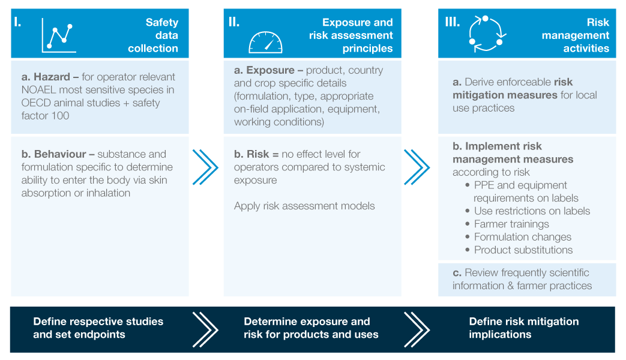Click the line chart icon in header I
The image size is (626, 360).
tap(58, 35)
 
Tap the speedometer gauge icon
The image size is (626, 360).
tap(265, 43)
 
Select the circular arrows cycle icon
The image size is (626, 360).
tap(487, 34)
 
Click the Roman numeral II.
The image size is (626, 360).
tap(234, 22)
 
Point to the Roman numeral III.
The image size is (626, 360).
tap(453, 22)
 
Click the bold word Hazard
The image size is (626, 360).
tap(52, 77)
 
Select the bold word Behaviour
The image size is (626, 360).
tap(60, 154)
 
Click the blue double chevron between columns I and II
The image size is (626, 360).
tap(206, 167)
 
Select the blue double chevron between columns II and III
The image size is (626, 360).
tap(417, 167)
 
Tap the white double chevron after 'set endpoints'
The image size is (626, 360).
tap(206, 329)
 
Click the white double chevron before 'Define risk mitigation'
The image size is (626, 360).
tap(417, 329)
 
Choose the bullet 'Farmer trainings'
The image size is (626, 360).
tap(507, 224)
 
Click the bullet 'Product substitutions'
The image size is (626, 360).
tap(519, 250)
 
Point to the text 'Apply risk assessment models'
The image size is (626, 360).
tap(304, 206)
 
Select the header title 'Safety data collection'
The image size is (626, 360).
tap(153, 35)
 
